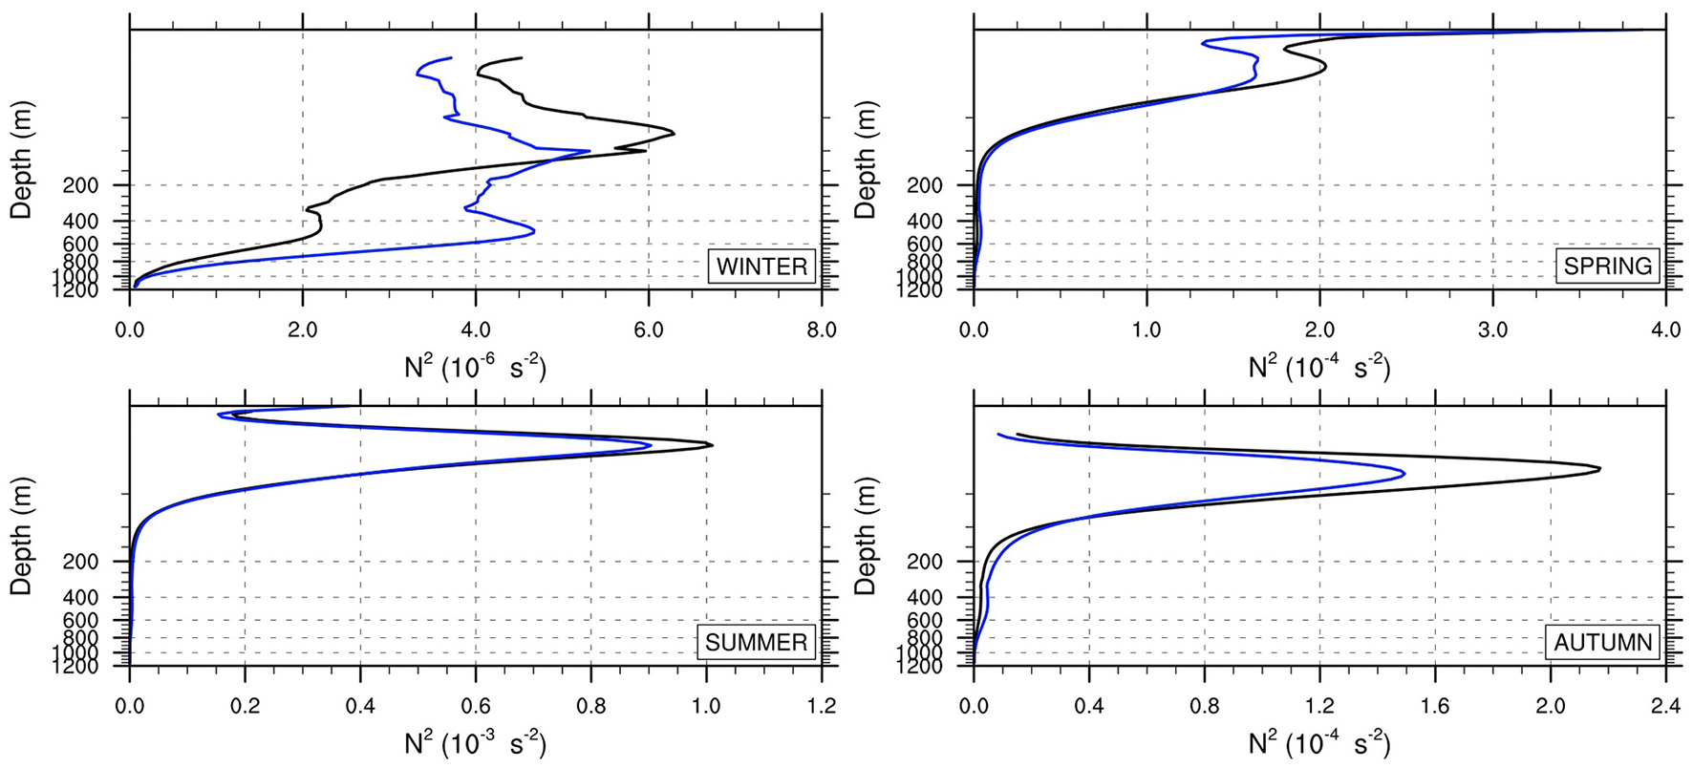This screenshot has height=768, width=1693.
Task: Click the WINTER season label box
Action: (761, 266)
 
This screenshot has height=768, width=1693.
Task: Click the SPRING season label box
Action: (1607, 266)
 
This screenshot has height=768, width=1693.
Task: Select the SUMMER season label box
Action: (756, 642)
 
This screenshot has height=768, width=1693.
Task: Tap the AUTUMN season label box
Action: (1602, 642)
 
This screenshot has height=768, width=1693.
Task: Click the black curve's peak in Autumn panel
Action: (1599, 469)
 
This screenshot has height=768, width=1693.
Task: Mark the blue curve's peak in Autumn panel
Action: (1404, 473)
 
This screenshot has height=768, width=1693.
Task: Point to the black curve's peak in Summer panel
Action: (712, 444)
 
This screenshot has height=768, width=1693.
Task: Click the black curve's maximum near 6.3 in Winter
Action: (674, 133)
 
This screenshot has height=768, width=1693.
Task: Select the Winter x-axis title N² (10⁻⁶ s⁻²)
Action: (475, 367)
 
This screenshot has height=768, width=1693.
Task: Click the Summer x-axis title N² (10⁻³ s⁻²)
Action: (475, 743)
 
